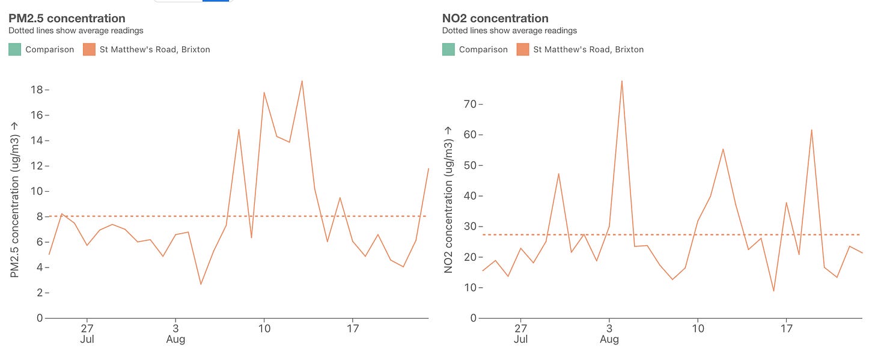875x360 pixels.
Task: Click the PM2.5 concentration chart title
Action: tap(67, 19)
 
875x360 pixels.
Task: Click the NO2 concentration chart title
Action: tap(495, 19)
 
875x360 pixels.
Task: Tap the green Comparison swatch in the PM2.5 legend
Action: tap(14, 49)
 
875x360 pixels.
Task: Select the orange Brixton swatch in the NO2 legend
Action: tap(522, 49)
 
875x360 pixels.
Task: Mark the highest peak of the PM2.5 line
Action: tap(302, 81)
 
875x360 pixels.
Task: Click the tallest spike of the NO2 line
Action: tap(621, 81)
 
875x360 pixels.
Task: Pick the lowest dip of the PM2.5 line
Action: tap(201, 284)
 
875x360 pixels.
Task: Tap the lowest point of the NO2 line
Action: tap(773, 291)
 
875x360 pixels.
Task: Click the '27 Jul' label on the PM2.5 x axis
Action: tap(87, 334)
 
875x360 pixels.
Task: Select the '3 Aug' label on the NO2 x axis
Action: tap(609, 334)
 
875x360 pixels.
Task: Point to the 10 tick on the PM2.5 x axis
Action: tap(264, 329)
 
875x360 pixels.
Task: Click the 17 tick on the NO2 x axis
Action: tap(786, 329)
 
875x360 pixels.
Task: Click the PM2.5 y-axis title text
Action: tap(15, 198)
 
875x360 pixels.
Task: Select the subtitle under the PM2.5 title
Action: tap(76, 31)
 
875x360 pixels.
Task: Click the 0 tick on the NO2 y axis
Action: tap(473, 318)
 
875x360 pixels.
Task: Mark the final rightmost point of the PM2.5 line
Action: tap(428, 168)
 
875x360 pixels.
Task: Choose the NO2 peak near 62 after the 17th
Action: tap(812, 130)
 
